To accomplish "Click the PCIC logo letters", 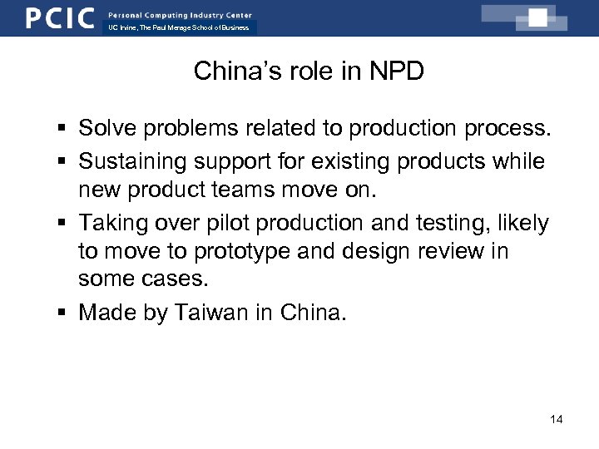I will point(59,17).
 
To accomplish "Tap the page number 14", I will point(557,419).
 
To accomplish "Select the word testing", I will point(473,223).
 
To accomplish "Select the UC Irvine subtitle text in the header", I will point(178,27).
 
